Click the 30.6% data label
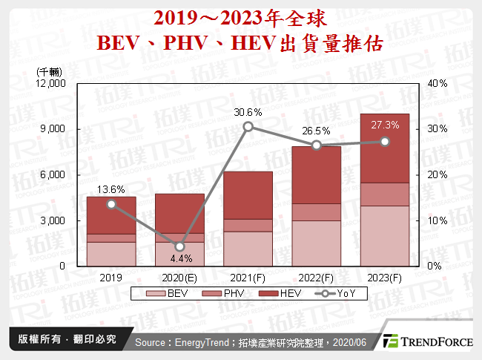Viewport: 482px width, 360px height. click(x=248, y=112)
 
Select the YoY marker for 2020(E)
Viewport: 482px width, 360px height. click(x=179, y=246)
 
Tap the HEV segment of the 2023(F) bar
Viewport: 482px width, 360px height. click(x=385, y=148)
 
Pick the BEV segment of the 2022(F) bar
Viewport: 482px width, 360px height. click(x=316, y=243)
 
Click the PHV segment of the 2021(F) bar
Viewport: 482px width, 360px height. click(x=248, y=225)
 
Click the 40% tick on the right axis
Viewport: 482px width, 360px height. click(x=438, y=83)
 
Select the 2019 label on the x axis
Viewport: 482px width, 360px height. click(x=110, y=278)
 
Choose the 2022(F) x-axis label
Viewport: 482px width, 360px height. click(x=316, y=278)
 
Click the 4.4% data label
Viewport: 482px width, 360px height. click(x=179, y=260)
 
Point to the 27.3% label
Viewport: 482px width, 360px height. click(x=385, y=125)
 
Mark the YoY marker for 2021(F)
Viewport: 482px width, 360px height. click(x=248, y=127)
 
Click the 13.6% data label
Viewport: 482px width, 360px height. click(x=110, y=189)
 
